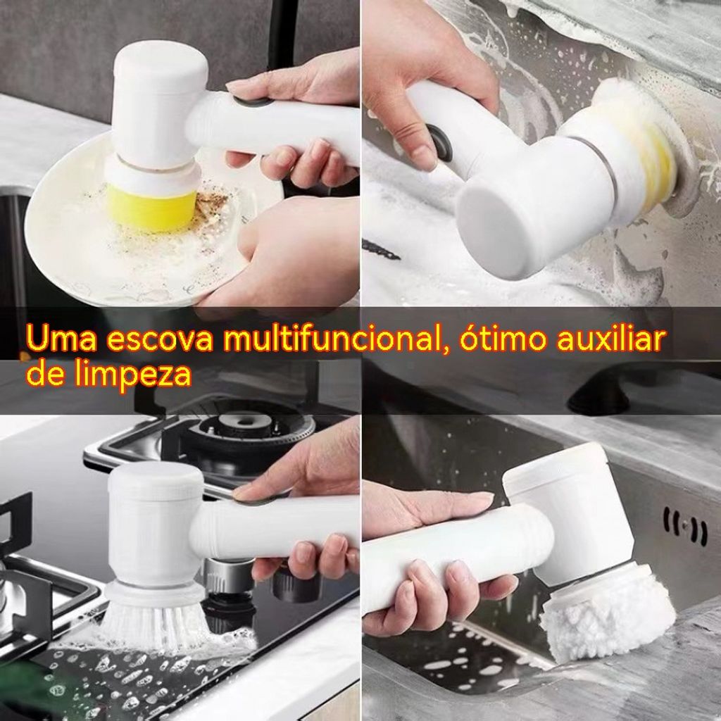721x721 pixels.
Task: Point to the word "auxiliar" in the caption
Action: click(x=613, y=338)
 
